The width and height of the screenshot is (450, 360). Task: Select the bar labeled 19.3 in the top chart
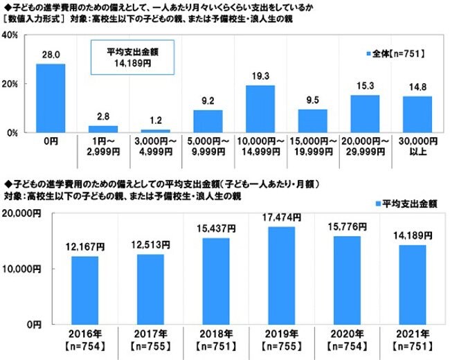tap(260, 109)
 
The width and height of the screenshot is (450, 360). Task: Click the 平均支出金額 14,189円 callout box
tap(132, 57)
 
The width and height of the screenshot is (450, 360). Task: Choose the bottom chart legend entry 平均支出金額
tap(408, 204)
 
